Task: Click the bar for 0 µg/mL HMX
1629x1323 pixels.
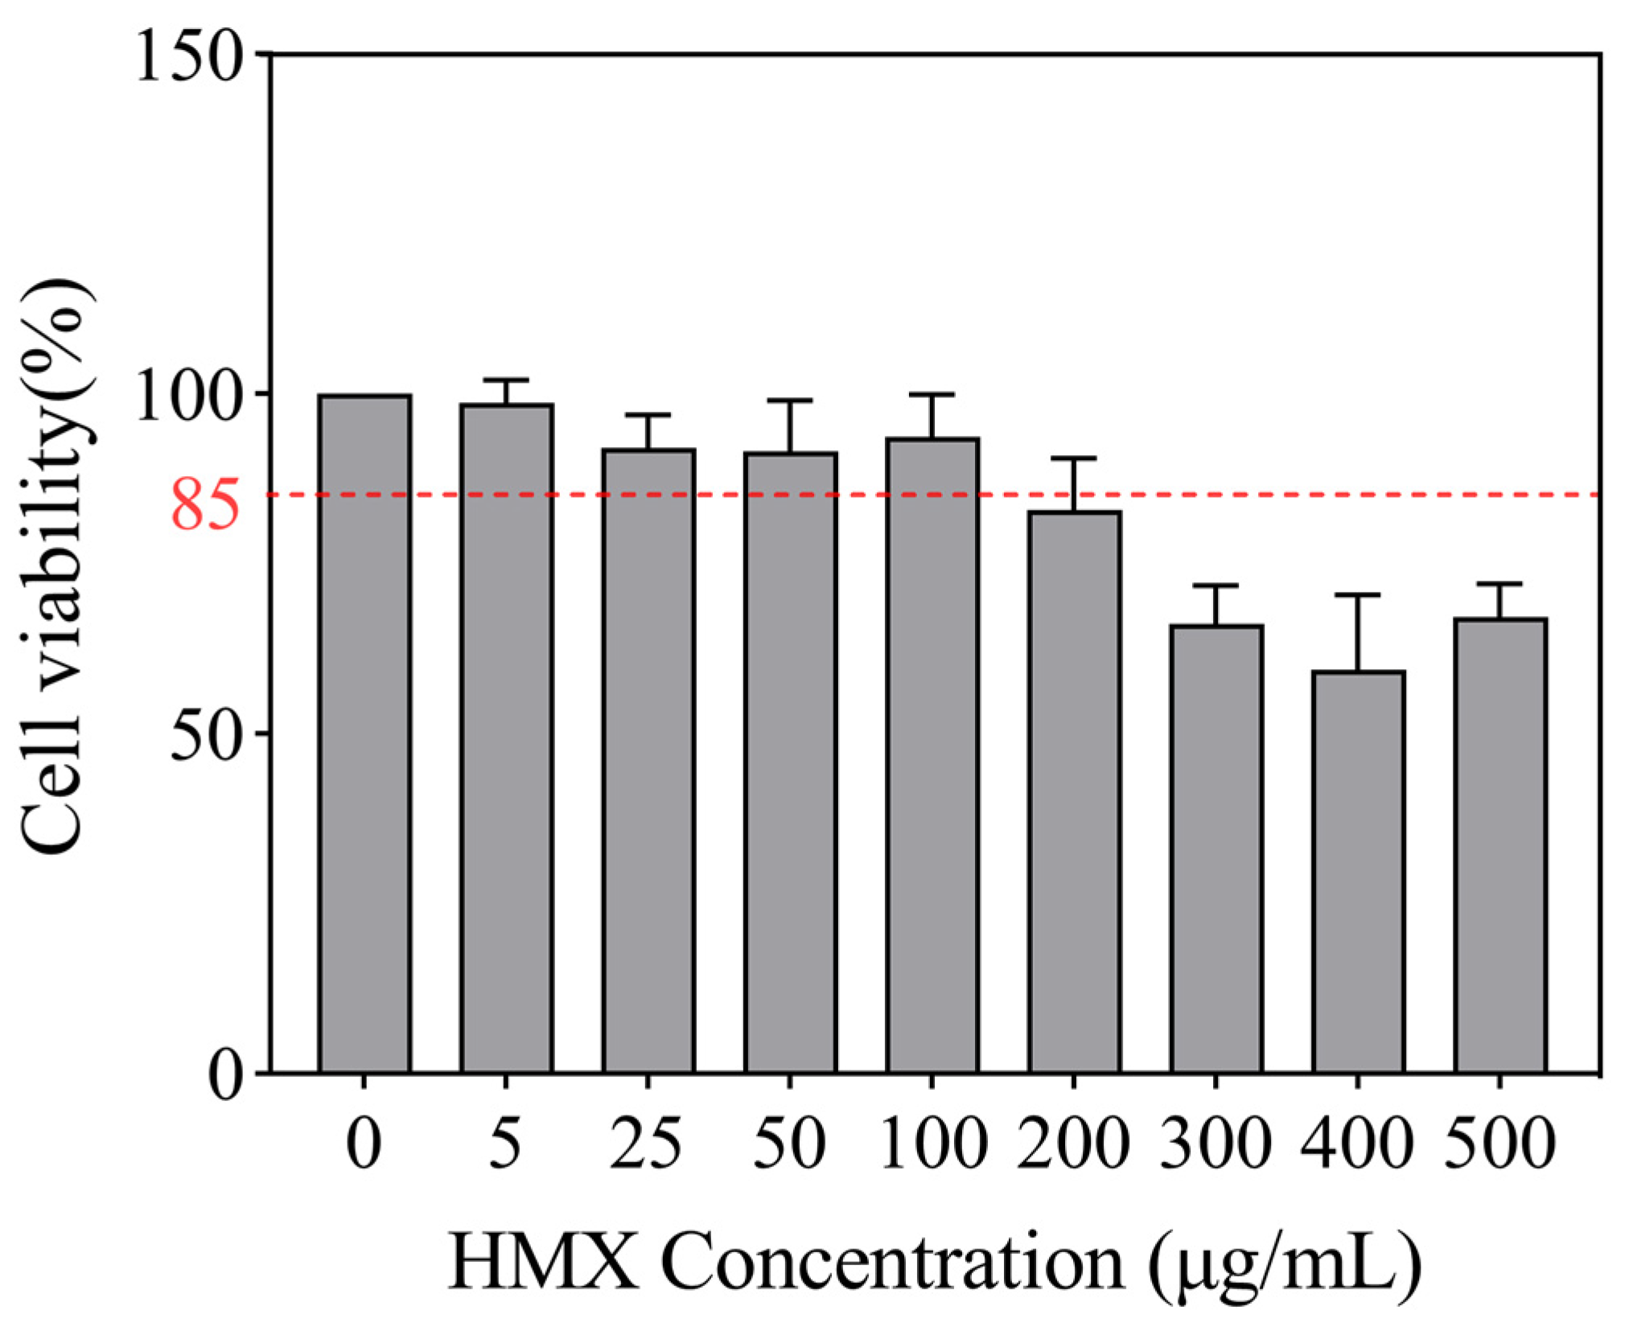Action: pyautogui.click(x=364, y=733)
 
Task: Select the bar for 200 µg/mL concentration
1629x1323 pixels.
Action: pyautogui.click(x=1074, y=792)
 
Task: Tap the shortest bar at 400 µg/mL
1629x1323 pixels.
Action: pyautogui.click(x=1358, y=872)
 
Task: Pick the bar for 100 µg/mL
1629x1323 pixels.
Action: pyautogui.click(x=932, y=756)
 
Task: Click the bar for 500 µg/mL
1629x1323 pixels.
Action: pyautogui.click(x=1500, y=846)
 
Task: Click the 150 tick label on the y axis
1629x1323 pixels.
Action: pyautogui.click(x=190, y=56)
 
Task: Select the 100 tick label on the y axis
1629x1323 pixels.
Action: pyautogui.click(x=190, y=396)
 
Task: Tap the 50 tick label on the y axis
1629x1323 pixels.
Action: pyautogui.click(x=206, y=735)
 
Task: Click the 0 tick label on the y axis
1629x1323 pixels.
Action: pyautogui.click(x=224, y=1075)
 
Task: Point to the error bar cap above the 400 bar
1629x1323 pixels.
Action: pyautogui.click(x=1358, y=595)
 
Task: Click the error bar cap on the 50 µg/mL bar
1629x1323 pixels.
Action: pyautogui.click(x=790, y=401)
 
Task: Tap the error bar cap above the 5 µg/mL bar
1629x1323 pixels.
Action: pyautogui.click(x=506, y=380)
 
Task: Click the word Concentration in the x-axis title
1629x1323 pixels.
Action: pyautogui.click(x=892, y=1263)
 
